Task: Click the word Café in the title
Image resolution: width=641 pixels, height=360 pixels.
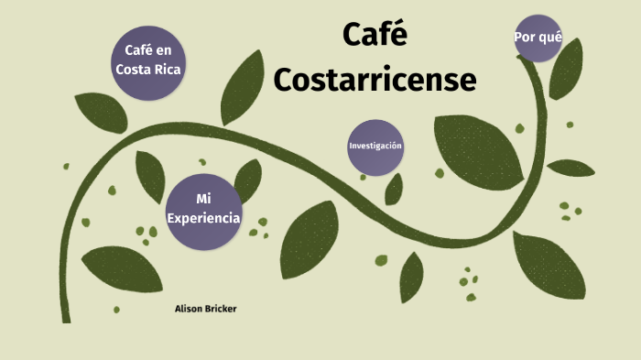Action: click(x=375, y=36)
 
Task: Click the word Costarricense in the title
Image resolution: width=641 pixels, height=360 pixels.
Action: click(x=375, y=80)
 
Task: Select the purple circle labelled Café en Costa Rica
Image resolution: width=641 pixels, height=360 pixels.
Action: click(x=147, y=61)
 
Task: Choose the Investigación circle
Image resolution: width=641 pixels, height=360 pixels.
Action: click(x=375, y=147)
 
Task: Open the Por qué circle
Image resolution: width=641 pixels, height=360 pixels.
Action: click(x=538, y=38)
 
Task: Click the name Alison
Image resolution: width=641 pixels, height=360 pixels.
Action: click(x=190, y=309)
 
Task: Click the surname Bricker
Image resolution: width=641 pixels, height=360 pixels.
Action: click(x=221, y=309)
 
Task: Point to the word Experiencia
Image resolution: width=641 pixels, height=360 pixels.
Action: click(x=203, y=218)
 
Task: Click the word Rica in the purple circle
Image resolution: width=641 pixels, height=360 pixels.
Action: click(x=168, y=70)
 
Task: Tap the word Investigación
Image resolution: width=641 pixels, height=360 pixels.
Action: click(x=375, y=147)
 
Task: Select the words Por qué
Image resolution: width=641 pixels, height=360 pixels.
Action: click(x=538, y=38)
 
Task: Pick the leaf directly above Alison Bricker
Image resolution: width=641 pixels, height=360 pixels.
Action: click(x=115, y=269)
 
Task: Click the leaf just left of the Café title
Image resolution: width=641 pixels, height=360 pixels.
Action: click(x=243, y=87)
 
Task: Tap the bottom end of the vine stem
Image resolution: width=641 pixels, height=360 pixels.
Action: click(x=67, y=318)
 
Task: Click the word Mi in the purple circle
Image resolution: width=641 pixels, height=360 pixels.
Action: click(x=203, y=199)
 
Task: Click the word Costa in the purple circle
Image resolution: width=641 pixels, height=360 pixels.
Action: click(x=134, y=70)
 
